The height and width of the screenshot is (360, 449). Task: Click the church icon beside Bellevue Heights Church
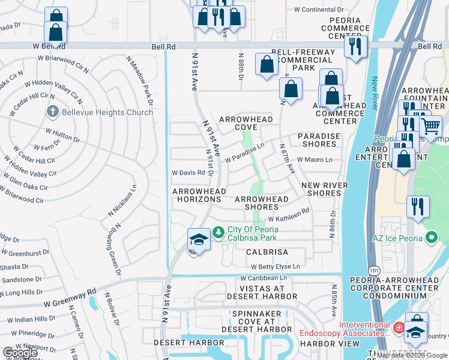[x=52, y=112]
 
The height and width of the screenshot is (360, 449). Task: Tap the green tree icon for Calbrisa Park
[x=219, y=232]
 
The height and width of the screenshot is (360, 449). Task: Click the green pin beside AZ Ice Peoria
[x=430, y=238]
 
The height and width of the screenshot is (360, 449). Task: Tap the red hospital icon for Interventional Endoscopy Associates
[x=399, y=328]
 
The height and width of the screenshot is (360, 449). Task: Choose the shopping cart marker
[x=430, y=127]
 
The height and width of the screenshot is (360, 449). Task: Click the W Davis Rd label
[x=188, y=173]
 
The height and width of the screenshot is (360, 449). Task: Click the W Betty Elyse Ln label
[x=275, y=266]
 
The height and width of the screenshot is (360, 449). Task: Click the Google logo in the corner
[x=20, y=353]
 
